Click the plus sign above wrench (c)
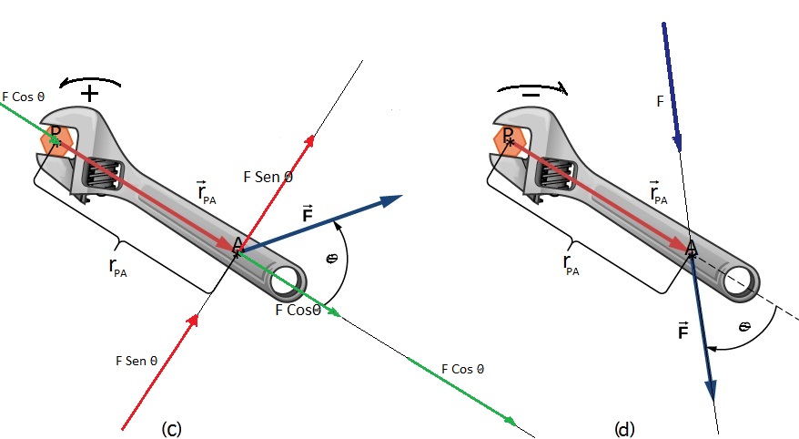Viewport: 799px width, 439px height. click(x=90, y=94)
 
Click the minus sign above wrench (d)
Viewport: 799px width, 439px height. click(x=531, y=94)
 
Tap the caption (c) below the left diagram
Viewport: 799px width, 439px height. click(x=171, y=428)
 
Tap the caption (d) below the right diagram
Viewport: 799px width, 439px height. click(x=624, y=428)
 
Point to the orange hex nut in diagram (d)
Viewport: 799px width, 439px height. click(x=508, y=139)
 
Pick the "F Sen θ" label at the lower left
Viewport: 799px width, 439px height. click(x=137, y=361)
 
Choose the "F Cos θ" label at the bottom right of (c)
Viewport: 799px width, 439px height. click(x=461, y=369)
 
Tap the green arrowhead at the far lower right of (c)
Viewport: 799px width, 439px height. click(x=511, y=420)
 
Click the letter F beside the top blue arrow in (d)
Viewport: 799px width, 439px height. click(x=660, y=101)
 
